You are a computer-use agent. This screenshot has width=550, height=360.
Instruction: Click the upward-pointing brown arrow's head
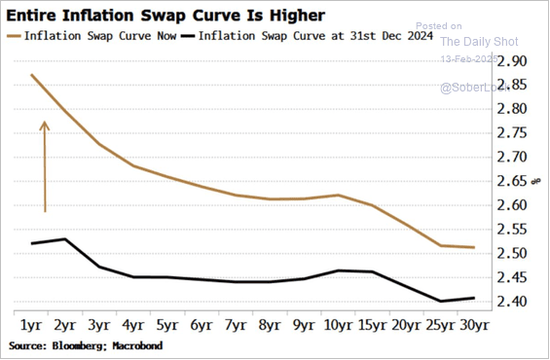(44, 124)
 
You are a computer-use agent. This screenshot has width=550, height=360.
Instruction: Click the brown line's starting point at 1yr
(31, 75)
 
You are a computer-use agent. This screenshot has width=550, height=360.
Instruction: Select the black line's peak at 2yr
(64, 238)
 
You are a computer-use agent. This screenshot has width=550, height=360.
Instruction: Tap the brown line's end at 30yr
(474, 247)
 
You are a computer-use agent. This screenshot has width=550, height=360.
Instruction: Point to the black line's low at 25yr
(440, 301)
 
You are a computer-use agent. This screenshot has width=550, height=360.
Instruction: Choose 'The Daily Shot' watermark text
(480, 42)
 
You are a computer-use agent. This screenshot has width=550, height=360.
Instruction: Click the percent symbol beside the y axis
(534, 181)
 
